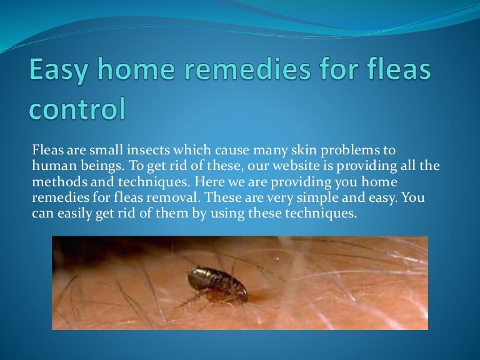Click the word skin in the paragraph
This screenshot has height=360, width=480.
pyautogui.click(x=287, y=151)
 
